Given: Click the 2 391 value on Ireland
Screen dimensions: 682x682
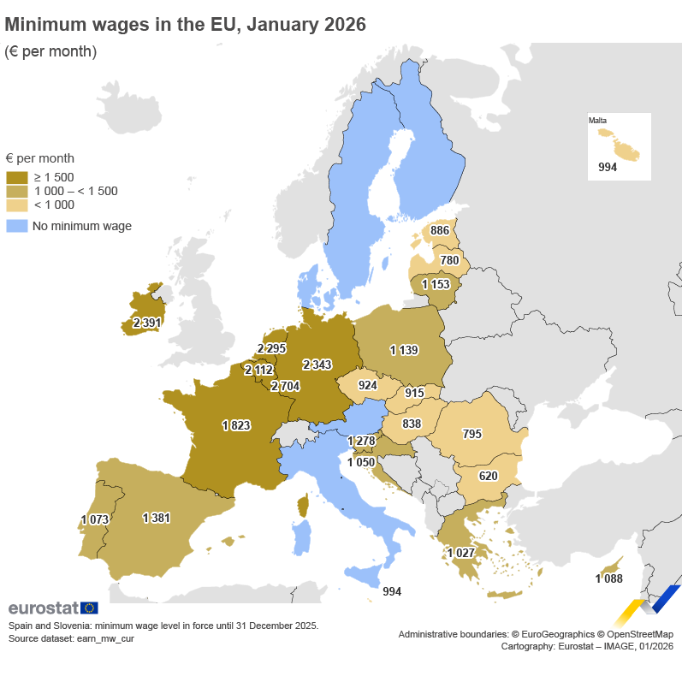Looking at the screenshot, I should [147, 323].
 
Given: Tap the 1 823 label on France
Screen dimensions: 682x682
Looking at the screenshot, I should [235, 425].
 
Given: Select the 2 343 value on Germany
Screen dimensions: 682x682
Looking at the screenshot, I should [317, 365].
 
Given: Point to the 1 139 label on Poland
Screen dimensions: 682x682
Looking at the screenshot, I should [404, 350].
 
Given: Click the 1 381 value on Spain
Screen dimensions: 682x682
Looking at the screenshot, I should [157, 518].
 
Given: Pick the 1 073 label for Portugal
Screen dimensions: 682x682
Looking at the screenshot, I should [95, 519].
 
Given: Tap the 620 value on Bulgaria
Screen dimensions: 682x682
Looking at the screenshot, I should [488, 475].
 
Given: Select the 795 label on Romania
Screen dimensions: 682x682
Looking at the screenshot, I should [471, 434].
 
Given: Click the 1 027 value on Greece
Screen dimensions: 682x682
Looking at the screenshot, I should [460, 553].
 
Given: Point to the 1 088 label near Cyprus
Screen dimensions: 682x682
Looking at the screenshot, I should [608, 579].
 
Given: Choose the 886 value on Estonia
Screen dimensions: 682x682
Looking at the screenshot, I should [440, 231].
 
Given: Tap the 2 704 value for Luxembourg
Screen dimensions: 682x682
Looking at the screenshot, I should [285, 387].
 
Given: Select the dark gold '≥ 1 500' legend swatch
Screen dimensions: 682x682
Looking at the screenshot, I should [16, 177].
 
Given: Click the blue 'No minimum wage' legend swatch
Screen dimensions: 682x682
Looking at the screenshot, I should [16, 227].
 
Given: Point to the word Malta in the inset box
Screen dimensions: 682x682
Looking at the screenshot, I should [597, 121].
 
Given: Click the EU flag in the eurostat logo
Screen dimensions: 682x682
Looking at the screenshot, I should [89, 608].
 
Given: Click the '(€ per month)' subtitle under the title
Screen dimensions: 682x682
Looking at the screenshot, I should [50, 51].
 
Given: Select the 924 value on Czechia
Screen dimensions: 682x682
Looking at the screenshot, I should [368, 385].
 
